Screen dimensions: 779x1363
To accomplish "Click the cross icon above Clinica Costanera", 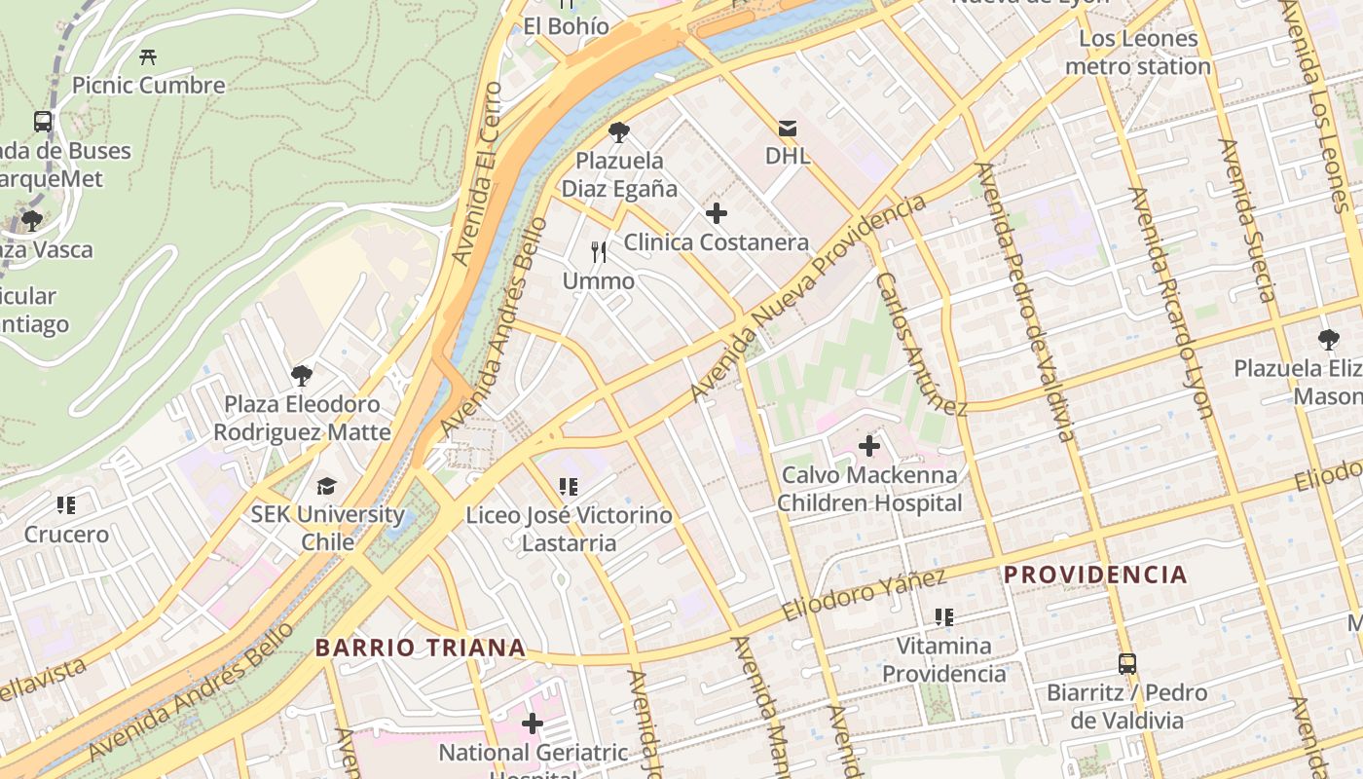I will point(717,213).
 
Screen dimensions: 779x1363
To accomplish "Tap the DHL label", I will point(788,156).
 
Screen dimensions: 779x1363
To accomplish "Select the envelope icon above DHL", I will point(788,128).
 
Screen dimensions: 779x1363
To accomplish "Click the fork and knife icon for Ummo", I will point(599,252).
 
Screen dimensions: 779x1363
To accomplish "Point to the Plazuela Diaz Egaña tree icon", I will point(618,132).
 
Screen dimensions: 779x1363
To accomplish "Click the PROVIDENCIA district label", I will point(1095,575).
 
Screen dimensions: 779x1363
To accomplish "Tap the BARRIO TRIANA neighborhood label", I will point(420,648).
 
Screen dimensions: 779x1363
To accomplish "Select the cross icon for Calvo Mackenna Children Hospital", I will point(868,447).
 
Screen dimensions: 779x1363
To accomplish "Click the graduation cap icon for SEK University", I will point(326,486).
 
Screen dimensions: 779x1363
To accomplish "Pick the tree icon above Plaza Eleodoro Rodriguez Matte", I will point(302,375).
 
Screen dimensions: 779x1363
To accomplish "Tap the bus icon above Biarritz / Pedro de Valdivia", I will point(1126,664).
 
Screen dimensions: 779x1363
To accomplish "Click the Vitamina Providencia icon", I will point(942,616).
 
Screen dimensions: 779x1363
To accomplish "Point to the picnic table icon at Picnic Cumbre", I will point(148,56).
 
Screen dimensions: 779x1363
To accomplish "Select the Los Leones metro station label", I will point(1137,53).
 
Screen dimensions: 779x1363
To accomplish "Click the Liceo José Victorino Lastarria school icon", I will point(569,486).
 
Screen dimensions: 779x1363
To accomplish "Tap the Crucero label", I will point(66,535).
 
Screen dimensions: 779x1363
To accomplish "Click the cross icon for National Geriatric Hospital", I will point(532,723).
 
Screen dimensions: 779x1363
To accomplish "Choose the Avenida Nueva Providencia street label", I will point(808,298).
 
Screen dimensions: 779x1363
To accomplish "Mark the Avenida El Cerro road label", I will point(478,173).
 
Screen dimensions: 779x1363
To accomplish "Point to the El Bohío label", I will point(567,26).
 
